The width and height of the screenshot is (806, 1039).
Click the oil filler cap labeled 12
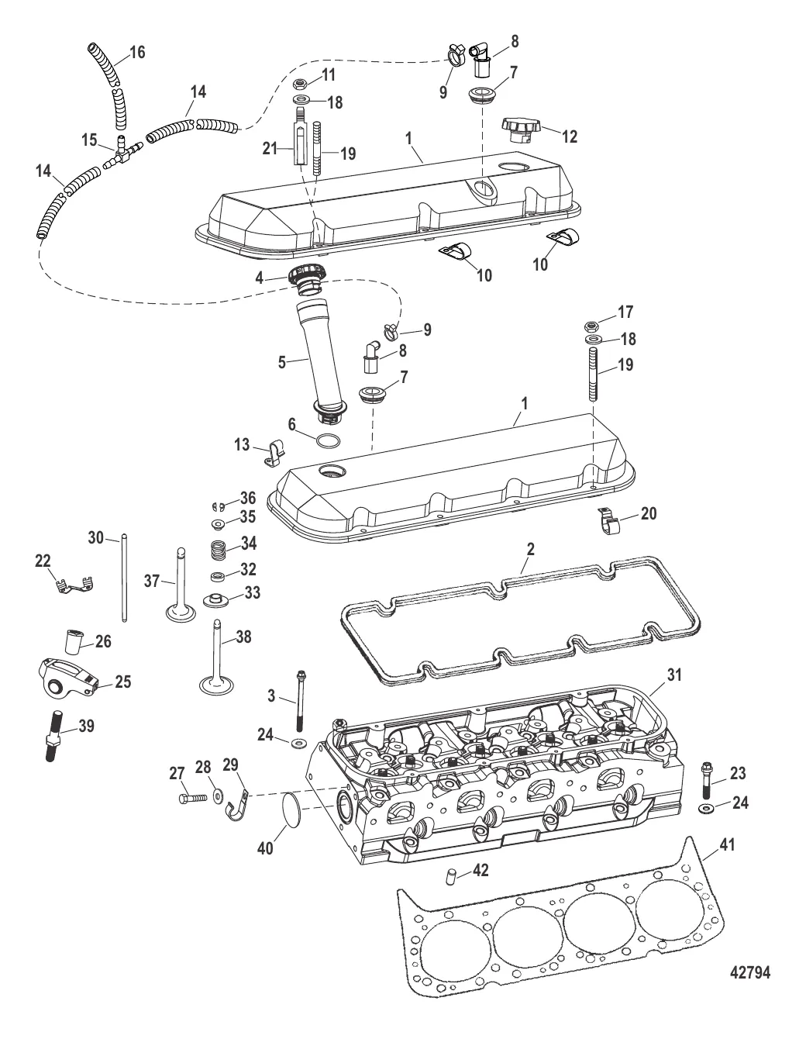click(525, 129)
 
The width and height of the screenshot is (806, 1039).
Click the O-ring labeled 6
click(329, 441)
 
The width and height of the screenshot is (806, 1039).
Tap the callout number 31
click(675, 675)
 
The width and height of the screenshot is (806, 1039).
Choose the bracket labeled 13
click(271, 453)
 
